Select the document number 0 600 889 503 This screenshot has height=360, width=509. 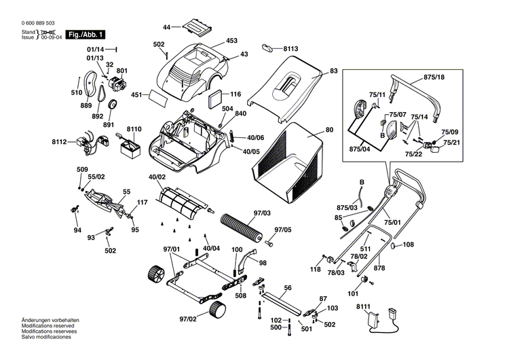point(39,23)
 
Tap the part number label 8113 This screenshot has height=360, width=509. point(291,49)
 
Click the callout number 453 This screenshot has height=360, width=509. point(231,41)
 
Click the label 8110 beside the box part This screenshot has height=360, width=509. point(134,129)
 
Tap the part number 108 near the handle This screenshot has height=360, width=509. point(408,245)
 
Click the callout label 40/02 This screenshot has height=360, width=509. point(157,177)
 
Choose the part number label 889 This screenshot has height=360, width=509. point(86,105)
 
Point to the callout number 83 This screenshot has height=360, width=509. point(333,71)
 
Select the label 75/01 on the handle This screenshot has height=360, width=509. point(392,221)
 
